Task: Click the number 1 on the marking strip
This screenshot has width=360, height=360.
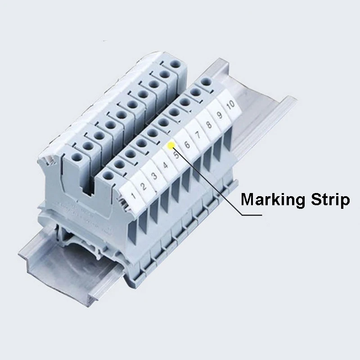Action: (133, 195)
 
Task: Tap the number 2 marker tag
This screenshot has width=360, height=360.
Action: (144, 185)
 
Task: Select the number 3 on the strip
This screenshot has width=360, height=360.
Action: (154, 175)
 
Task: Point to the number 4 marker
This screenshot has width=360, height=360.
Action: (166, 165)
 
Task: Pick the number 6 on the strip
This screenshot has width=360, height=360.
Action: (187, 145)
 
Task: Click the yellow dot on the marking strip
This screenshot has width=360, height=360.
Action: (171, 146)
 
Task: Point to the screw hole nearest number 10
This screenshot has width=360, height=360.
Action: (207, 82)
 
